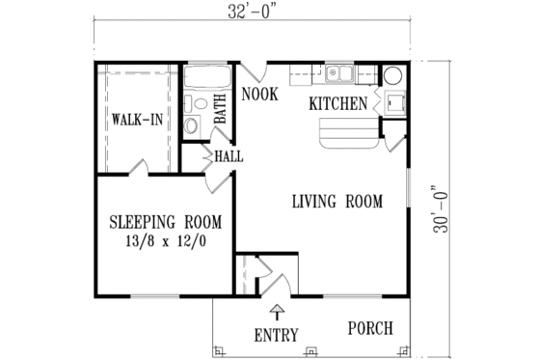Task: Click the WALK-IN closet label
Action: click(x=135, y=121)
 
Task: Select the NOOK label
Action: click(x=260, y=94)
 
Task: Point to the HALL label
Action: click(x=229, y=155)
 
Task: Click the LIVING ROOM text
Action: click(x=337, y=202)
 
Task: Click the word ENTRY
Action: click(x=276, y=335)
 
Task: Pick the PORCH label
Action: click(x=370, y=328)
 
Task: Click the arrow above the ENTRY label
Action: click(x=277, y=311)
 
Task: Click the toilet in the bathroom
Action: click(x=191, y=124)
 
